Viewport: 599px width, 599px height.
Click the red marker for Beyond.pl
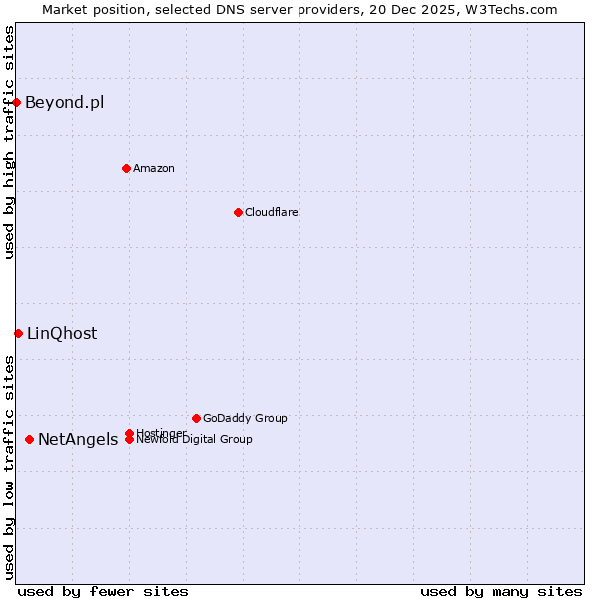(17, 102)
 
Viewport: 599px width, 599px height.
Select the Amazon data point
(126, 168)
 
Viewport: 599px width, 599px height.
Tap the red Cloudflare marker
(238, 212)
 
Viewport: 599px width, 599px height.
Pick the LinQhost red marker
(18, 333)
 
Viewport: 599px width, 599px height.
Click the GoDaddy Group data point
(196, 418)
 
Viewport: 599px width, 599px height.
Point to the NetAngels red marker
(30, 439)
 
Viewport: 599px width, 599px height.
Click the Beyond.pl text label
(64, 102)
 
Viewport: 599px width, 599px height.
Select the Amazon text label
(154, 168)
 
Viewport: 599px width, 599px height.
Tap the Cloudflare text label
(271, 212)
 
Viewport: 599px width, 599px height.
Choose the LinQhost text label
(62, 333)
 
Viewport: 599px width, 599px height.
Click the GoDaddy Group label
(245, 418)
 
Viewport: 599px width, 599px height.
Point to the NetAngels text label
(78, 439)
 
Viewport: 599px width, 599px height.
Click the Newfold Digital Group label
(194, 440)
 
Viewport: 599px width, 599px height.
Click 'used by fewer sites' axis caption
(103, 591)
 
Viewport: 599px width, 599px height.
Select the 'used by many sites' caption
(501, 591)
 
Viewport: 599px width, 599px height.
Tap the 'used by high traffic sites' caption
(9, 142)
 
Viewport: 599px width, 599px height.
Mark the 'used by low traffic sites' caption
(9, 467)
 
